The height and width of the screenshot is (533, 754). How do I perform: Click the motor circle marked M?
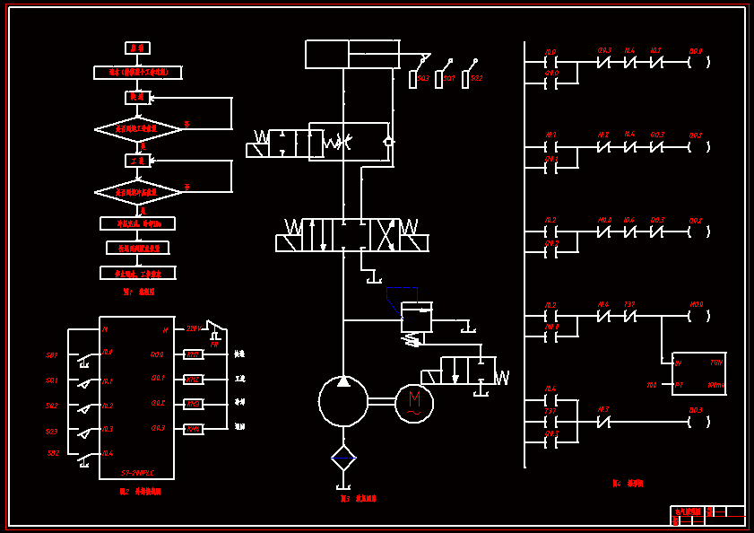[413, 401]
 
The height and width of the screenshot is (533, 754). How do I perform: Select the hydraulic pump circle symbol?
[343, 401]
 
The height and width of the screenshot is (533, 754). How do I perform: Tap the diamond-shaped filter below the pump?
[343, 459]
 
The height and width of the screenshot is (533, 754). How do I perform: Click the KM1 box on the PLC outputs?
[193, 354]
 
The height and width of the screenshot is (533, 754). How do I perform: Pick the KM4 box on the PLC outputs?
[193, 429]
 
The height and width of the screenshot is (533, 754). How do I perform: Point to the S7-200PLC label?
[138, 472]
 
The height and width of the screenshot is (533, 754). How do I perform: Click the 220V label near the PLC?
[192, 329]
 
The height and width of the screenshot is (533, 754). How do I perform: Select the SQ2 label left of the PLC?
[52, 406]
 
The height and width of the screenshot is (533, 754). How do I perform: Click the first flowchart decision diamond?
[138, 129]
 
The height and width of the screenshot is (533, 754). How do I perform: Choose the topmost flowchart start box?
[137, 48]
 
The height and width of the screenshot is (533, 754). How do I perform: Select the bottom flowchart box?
[137, 273]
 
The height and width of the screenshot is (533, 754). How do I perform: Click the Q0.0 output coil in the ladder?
[698, 63]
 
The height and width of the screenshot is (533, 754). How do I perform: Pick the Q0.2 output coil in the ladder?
[698, 147]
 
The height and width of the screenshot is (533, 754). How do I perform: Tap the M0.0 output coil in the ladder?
[698, 316]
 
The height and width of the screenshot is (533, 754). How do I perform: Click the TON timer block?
[698, 373]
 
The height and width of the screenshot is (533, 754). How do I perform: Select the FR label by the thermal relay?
[214, 344]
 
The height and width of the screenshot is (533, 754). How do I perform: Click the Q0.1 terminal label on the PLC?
[158, 379]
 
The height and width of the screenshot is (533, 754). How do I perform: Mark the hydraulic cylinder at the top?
[352, 54]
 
